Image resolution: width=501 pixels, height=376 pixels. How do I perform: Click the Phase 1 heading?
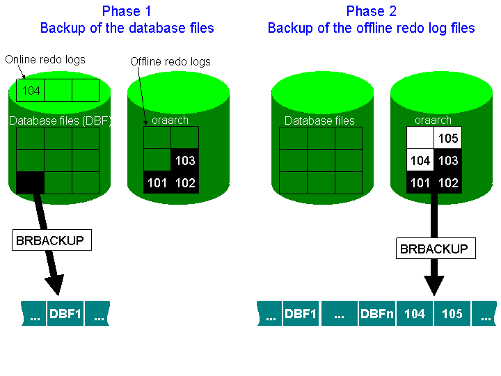(126, 11)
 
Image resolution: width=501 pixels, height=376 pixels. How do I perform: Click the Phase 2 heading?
(371, 11)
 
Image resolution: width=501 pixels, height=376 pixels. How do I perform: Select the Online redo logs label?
(45, 59)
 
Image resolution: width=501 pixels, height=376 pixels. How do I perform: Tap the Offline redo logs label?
(170, 62)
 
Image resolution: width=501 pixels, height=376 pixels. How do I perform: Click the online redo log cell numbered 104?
(31, 91)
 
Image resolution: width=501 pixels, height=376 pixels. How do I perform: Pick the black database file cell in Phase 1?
(30, 183)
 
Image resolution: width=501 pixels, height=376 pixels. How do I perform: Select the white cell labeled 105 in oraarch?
(447, 138)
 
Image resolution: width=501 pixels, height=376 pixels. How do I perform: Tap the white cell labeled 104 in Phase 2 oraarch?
(420, 161)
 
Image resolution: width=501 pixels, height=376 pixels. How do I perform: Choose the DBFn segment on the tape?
(376, 314)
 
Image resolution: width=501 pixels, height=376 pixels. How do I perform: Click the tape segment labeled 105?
(452, 314)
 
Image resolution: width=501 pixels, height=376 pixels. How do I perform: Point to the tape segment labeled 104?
(414, 314)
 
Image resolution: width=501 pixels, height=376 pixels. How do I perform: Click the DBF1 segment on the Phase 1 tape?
(65, 314)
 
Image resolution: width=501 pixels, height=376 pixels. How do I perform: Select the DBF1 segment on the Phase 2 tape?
(301, 314)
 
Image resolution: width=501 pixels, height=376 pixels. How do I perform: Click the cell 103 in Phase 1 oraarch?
(184, 161)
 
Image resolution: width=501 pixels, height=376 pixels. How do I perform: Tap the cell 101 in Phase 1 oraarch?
(157, 184)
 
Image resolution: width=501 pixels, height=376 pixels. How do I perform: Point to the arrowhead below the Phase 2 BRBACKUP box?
(434, 285)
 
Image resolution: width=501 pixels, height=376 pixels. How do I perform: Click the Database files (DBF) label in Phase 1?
(60, 120)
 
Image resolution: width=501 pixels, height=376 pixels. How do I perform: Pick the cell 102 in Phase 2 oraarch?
(447, 184)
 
